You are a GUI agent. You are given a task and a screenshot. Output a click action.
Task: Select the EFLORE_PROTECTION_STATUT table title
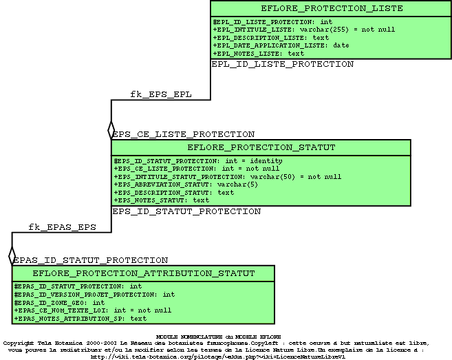[261, 147]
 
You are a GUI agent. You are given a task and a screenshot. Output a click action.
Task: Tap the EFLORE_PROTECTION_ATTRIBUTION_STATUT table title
[144, 273]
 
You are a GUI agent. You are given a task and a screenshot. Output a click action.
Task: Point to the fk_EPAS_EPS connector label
[62, 226]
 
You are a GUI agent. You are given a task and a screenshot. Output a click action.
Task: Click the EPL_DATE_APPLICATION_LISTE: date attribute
[281, 45]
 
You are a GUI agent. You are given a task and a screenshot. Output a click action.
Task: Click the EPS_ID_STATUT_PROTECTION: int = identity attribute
[197, 161]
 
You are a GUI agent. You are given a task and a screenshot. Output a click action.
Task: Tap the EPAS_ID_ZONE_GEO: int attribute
[59, 302]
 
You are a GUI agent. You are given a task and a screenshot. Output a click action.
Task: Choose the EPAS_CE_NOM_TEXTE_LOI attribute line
[92, 310]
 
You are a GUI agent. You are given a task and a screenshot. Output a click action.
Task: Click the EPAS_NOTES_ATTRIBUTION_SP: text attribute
[80, 319]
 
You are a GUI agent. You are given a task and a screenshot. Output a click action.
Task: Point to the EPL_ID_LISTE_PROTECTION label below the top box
[282, 64]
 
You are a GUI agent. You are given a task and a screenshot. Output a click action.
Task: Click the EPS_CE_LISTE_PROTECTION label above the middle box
[184, 134]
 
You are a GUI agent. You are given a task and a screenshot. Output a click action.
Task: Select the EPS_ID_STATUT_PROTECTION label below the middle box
[186, 211]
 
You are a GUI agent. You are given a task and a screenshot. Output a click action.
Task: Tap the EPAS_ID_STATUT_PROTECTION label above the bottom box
[91, 260]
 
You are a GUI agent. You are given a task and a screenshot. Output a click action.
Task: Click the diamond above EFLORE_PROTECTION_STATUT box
[111, 130]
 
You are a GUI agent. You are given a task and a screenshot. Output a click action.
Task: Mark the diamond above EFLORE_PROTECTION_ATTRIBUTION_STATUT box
[12, 256]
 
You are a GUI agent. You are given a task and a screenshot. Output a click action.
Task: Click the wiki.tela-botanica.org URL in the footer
[218, 357]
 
